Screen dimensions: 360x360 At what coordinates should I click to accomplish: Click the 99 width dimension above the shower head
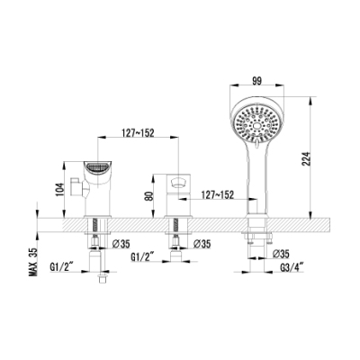(257, 81)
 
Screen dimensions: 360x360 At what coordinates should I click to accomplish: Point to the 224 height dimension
(304, 158)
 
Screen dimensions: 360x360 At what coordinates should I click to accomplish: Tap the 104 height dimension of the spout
(59, 190)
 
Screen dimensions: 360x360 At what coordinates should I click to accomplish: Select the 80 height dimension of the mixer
(149, 195)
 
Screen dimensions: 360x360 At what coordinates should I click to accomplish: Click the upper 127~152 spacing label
(138, 132)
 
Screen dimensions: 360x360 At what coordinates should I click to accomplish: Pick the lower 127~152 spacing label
(218, 195)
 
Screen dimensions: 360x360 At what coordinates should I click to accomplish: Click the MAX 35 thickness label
(33, 262)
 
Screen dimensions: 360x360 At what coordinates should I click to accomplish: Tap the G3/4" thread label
(292, 266)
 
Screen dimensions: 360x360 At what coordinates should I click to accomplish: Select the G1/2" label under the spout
(62, 266)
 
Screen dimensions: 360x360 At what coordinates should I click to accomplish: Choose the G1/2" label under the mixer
(142, 256)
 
